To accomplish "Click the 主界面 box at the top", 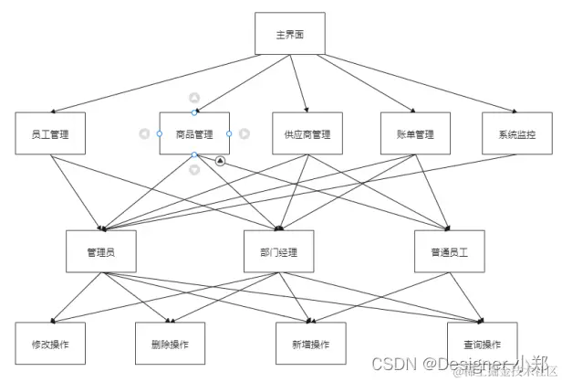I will point(289,35).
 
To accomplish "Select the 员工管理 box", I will point(51,133).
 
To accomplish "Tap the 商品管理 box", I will point(194,133).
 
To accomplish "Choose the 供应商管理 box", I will point(307,133).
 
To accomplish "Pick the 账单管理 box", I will point(416,133).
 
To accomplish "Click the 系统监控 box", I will point(517,133).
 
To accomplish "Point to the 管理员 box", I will point(99,250).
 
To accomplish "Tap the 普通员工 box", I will point(448,250).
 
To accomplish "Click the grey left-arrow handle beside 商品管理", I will point(144,133).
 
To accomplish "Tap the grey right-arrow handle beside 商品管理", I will point(245,133).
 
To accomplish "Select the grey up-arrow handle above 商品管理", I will point(194,98).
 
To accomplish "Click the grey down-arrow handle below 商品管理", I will point(194,169).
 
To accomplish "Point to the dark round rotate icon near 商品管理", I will point(220,161).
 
